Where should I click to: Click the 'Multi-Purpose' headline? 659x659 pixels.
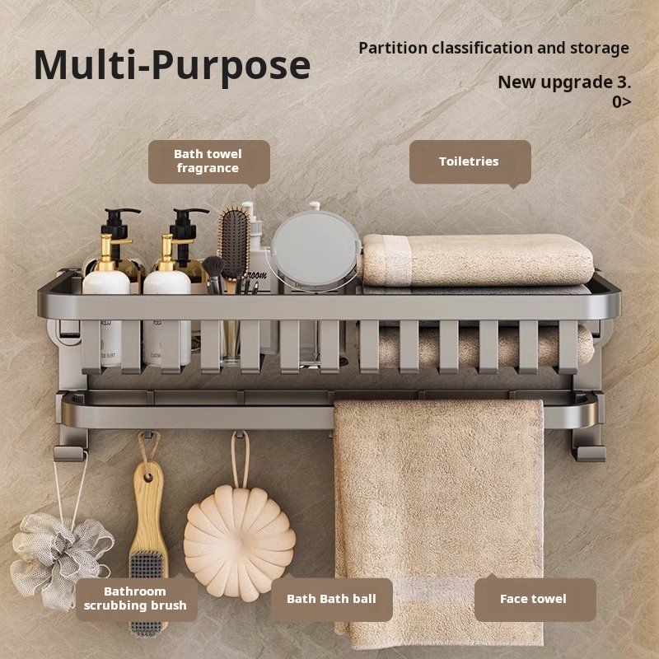[172, 66]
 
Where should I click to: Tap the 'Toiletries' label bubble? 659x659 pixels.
[470, 161]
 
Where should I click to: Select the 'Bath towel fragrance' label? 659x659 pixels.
[209, 161]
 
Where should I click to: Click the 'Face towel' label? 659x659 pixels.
[535, 599]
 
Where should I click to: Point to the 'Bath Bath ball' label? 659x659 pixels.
[332, 599]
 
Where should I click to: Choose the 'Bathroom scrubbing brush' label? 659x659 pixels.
[136, 599]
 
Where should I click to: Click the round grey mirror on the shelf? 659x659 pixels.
[315, 248]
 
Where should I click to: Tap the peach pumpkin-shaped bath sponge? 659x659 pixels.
[240, 541]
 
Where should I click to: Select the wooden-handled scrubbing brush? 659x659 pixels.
[148, 546]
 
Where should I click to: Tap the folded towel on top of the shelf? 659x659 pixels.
[478, 259]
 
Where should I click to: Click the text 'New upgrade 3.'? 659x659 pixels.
[564, 82]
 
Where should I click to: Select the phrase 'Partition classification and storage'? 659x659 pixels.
[493, 48]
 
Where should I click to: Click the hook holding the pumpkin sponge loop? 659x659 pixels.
[239, 435]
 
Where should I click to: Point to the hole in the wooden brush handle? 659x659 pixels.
[148, 478]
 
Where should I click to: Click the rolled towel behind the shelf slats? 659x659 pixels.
[484, 344]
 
